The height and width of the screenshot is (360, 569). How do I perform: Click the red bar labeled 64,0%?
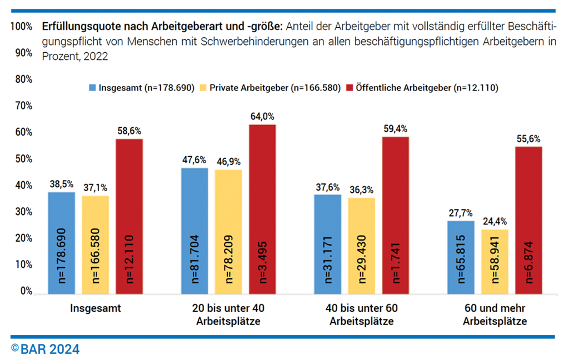[262, 208]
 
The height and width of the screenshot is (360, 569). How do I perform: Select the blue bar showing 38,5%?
[61, 242]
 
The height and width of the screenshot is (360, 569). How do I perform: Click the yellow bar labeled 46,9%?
[228, 231]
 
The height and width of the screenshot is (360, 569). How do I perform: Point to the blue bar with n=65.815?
[461, 256]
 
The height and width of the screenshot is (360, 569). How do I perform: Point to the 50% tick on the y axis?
[22, 159]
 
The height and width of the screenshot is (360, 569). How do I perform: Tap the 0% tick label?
[25, 291]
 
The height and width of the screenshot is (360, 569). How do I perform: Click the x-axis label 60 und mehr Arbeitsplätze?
[494, 314]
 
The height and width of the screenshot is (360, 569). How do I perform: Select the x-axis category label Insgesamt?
[95, 308]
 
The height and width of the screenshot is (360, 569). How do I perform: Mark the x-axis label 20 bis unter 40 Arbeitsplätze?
[228, 314]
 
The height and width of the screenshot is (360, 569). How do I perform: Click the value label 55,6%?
[528, 139]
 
